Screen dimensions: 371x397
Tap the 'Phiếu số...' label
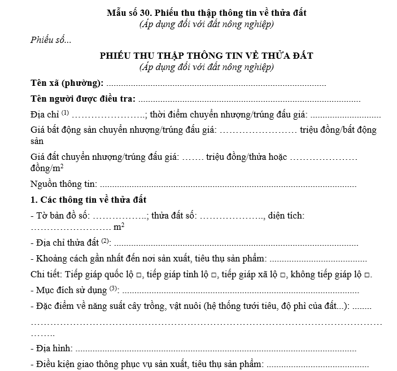[x=51, y=40]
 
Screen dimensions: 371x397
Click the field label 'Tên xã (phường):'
[x=67, y=83]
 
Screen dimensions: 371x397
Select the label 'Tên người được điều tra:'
[x=82, y=99]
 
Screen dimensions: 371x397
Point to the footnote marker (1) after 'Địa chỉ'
[x=65, y=112]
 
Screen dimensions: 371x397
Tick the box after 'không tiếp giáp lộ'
[x=368, y=275]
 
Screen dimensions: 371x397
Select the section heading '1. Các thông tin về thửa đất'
[x=89, y=200]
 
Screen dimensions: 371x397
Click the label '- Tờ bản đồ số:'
[x=60, y=216]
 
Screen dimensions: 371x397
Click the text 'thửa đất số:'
[x=174, y=216]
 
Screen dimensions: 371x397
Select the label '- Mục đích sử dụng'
[x=69, y=291]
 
